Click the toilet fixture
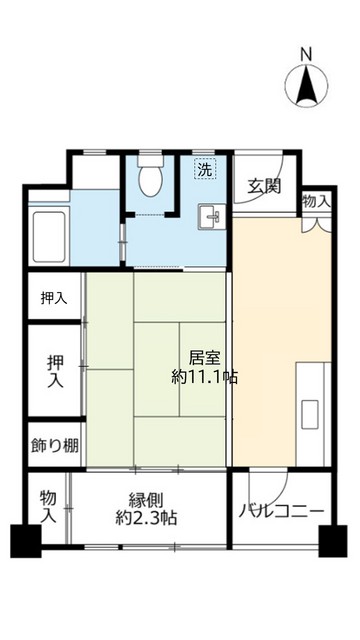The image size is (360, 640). click(x=152, y=179)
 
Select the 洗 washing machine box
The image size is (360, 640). click(x=205, y=169)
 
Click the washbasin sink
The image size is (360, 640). click(x=211, y=215)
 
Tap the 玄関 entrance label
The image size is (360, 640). click(x=265, y=185)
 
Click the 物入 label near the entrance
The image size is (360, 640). click(x=316, y=201)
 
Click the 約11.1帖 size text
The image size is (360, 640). click(x=204, y=378)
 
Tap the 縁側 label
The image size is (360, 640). click(x=147, y=500)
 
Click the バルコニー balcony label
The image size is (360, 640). click(x=281, y=511)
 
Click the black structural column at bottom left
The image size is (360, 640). click(x=24, y=542)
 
